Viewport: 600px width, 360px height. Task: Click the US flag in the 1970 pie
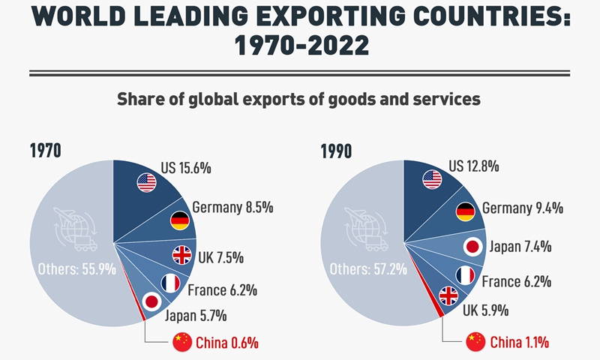(x=146, y=181)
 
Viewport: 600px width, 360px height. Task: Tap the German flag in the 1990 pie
(x=465, y=211)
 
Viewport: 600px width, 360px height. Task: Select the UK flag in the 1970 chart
(x=182, y=255)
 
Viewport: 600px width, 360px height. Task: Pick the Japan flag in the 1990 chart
(x=472, y=247)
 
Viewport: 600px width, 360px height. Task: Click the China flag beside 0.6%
(x=182, y=342)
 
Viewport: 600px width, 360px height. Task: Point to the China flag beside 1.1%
(x=476, y=342)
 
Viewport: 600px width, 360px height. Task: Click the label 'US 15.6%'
(x=186, y=168)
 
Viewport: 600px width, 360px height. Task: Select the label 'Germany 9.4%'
(x=523, y=208)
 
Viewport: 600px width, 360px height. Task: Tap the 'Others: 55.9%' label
(x=76, y=268)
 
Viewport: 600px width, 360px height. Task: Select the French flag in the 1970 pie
(x=170, y=283)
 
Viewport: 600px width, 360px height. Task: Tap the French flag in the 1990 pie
(x=466, y=275)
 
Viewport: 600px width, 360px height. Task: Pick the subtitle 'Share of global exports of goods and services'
(x=300, y=98)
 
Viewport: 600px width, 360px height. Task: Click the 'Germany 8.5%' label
(x=232, y=206)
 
